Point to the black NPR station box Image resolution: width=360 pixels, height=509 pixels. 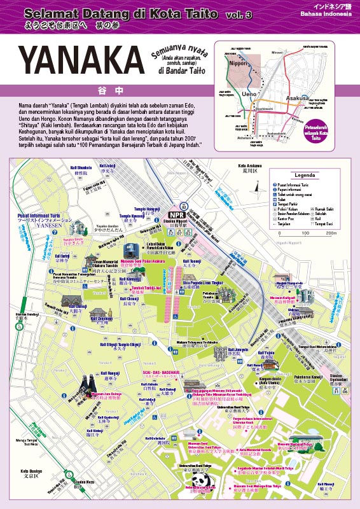(x=177, y=214)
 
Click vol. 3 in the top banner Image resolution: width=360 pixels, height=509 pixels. (x=239, y=14)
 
